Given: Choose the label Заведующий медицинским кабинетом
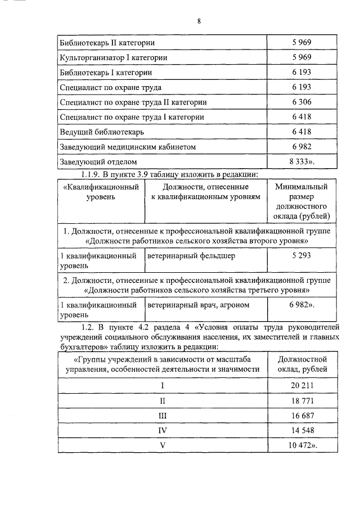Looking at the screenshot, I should [128, 147].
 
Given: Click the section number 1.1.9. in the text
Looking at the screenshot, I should [94, 174].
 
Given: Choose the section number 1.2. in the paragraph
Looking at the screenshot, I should [89, 327].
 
